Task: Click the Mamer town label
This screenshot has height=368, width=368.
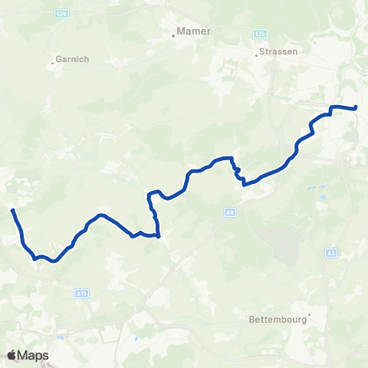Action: [194, 31]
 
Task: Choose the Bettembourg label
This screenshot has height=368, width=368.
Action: [276, 320]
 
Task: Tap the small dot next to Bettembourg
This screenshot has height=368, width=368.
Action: [309, 313]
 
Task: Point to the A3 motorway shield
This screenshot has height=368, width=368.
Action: [330, 251]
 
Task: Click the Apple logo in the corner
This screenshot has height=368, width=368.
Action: [12, 355]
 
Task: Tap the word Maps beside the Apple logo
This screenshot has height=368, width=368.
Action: [34, 355]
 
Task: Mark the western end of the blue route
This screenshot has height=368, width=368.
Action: [13, 210]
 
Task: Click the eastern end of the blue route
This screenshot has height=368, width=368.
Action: [356, 107]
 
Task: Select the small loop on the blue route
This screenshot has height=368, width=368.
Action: [238, 169]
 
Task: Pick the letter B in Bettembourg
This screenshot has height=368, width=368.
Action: [250, 320]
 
